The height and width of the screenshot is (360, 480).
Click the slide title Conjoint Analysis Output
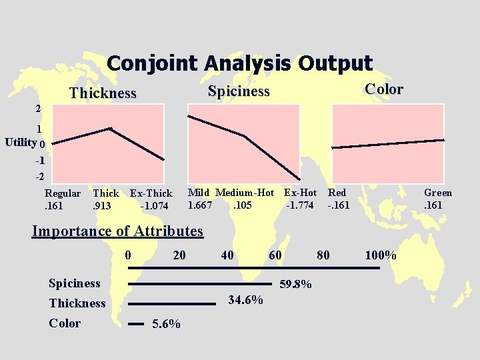point(239,63)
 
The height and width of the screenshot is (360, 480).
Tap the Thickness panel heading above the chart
point(103,93)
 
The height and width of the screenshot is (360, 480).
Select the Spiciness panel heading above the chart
point(239,91)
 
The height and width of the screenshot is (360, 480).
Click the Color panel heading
point(383,89)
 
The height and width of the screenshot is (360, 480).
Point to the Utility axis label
point(20,143)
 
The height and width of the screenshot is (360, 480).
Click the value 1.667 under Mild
point(200,205)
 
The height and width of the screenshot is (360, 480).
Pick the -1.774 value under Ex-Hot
point(300,205)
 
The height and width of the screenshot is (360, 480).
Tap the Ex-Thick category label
point(151,194)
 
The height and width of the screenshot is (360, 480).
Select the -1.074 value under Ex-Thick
point(154,206)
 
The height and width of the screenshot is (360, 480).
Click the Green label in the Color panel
point(438,193)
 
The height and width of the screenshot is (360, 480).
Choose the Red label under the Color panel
point(337,193)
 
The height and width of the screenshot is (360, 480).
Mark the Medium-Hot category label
point(245,193)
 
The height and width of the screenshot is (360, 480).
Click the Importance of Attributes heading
point(117,231)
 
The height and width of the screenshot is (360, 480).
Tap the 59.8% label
point(295,284)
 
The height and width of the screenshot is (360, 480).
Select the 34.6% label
point(245,300)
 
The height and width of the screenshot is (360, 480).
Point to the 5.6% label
point(166,324)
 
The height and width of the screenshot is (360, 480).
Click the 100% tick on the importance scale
point(381,255)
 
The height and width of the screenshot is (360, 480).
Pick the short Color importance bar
point(135,323)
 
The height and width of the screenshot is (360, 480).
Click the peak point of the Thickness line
point(111,128)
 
